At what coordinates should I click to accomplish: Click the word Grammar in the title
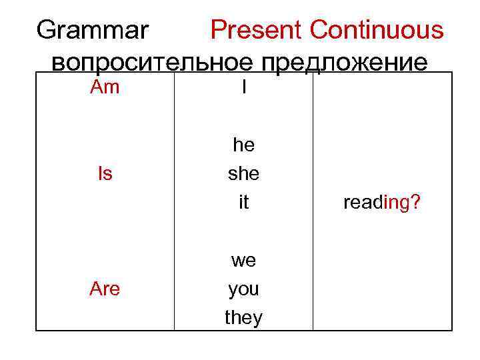pos(93,30)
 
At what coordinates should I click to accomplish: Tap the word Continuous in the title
pos(376,30)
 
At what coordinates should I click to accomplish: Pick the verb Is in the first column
pos(105,174)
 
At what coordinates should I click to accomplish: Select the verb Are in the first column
pos(105,289)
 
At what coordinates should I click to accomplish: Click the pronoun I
pos(244,87)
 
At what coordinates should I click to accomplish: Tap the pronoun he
pos(244,145)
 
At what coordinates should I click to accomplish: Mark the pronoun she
pos(244,174)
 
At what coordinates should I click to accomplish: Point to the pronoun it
pos(244,203)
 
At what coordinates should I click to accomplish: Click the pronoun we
pos(244,261)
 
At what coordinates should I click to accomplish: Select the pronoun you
pos(244,290)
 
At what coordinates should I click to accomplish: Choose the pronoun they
pos(244,318)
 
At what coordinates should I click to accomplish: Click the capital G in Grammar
pos(48,30)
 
